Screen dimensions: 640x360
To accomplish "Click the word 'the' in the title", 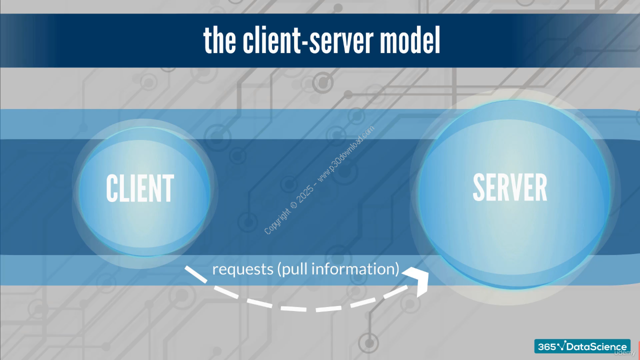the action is point(219,40).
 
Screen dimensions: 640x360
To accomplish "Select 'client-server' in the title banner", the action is point(308,40).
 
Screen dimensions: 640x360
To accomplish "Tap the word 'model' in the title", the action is point(410,40).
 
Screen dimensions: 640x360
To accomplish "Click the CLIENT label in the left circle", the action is point(140,188).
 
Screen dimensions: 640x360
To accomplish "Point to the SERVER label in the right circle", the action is point(510,187).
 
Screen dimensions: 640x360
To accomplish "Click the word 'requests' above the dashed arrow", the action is point(243,269).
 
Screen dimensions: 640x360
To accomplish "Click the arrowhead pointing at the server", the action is point(417,280).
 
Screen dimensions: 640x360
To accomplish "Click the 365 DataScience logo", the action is point(582,346).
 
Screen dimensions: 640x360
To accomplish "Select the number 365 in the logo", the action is point(547,347).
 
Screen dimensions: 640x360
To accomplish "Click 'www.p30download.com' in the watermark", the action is point(346,153).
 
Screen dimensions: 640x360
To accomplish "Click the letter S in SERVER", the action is point(479,187).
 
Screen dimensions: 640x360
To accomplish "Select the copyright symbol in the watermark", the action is point(293,205).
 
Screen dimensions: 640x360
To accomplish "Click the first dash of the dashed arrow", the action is point(195,274).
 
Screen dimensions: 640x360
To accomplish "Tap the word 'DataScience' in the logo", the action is point(596,347).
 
